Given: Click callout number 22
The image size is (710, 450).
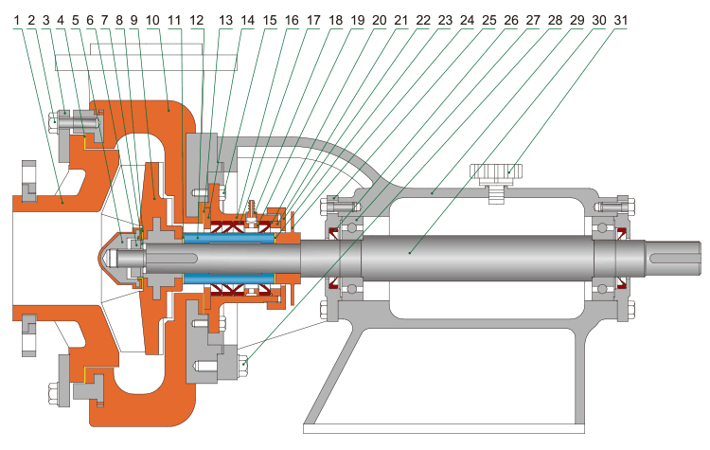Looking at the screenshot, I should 421,19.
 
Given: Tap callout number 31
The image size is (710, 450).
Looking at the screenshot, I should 620,19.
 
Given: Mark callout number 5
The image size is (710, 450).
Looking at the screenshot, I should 75,19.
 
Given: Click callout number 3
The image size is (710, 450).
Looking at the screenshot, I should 46,19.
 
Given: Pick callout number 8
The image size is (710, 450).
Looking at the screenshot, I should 117,19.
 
